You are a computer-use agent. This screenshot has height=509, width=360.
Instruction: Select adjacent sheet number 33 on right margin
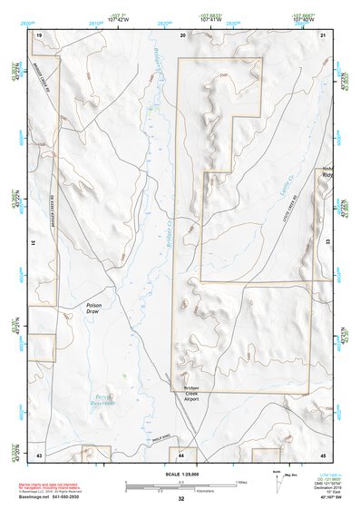pos(328,244)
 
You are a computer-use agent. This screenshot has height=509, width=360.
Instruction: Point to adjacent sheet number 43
pos(39,454)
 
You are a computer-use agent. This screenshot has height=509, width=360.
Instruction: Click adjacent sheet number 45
pos(324,454)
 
